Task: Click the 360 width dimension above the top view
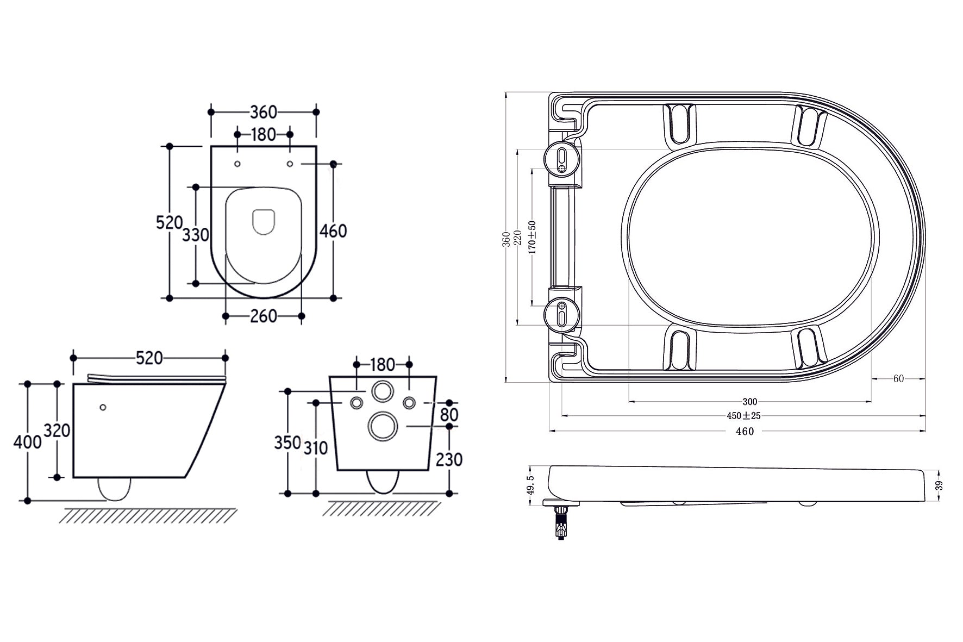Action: [264, 112]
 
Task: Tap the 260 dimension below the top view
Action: [264, 316]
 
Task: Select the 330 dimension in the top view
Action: [195, 235]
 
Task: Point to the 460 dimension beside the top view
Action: [333, 231]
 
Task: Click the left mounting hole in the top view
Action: [237, 164]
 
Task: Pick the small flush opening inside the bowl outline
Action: [264, 222]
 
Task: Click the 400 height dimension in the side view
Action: [27, 441]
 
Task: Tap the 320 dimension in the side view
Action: [57, 431]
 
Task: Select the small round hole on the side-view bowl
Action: [103, 407]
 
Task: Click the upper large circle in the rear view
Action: [383, 391]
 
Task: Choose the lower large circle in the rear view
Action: [383, 425]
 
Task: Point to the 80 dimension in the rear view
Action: [449, 415]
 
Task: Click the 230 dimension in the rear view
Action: [449, 459]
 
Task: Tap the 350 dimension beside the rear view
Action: [287, 442]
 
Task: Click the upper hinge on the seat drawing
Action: [562, 159]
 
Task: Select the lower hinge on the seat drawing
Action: [562, 314]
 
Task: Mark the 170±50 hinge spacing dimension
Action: [532, 237]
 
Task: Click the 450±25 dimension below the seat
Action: [743, 416]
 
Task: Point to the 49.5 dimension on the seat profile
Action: [530, 485]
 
